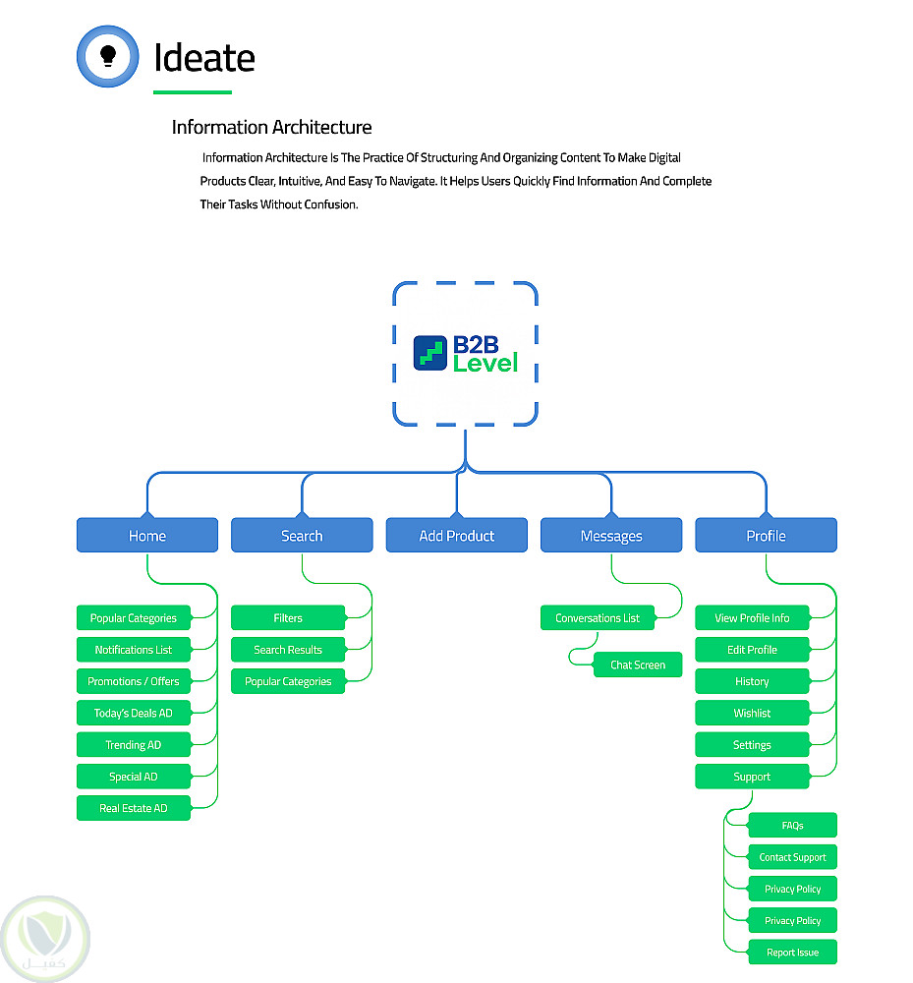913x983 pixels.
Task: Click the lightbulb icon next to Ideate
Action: [108, 56]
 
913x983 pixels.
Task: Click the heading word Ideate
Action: [204, 58]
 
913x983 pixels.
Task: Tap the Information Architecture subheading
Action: [271, 127]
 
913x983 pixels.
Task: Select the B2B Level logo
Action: [465, 354]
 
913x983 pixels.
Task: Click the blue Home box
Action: [147, 536]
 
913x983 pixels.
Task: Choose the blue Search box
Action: [302, 536]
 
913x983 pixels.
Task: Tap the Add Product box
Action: [457, 536]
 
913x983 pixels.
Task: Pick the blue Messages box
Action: [611, 536]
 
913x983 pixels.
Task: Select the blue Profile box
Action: [766, 536]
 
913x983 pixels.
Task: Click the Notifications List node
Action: [134, 650]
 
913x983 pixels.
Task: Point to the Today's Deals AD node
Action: [134, 714]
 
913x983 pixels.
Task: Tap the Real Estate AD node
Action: [134, 808]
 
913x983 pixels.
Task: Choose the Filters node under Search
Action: [288, 618]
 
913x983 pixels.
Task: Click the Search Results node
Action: [288, 650]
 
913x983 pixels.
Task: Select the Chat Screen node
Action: [638, 665]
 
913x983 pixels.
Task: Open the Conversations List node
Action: [598, 618]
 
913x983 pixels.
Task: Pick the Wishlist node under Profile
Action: [752, 714]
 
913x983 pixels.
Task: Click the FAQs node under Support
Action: [792, 826]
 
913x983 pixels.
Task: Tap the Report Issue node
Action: [792, 953]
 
